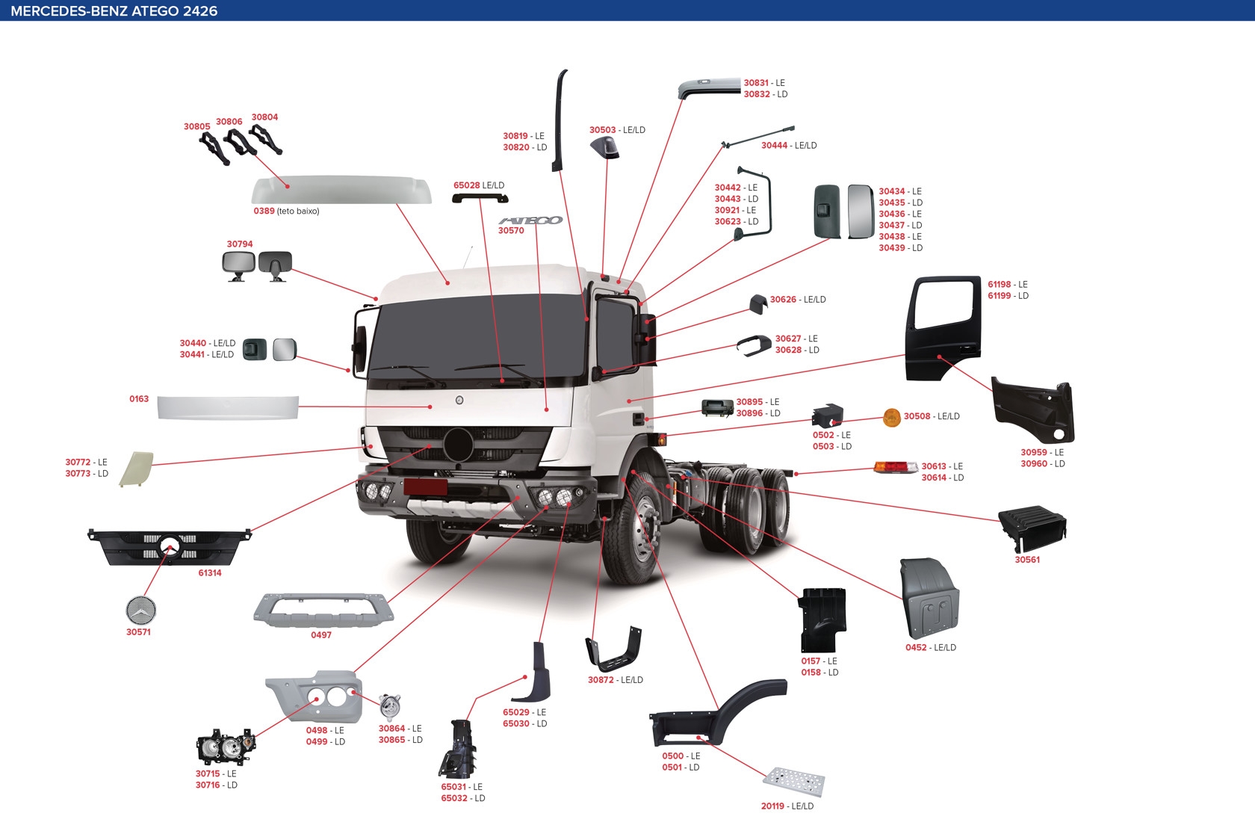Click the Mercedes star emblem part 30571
[140, 611]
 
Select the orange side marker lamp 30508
[891, 418]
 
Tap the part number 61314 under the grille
[210, 573]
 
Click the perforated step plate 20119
[794, 782]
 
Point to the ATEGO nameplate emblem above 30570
[530, 220]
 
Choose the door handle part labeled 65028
[480, 198]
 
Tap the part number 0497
[321, 635]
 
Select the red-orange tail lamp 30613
[895, 468]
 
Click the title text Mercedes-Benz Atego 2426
[114, 11]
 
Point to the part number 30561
[1027, 560]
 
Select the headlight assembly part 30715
[225, 747]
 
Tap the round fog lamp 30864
[389, 705]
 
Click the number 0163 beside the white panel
[139, 399]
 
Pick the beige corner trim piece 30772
[137, 469]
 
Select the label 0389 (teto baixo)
[286, 211]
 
